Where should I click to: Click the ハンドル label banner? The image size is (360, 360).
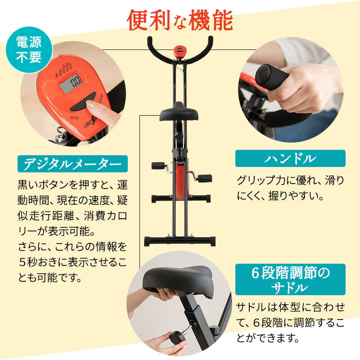click(x=290, y=158)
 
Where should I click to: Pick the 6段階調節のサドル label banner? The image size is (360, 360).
click(x=290, y=279)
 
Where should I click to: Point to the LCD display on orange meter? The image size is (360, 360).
click(x=71, y=83)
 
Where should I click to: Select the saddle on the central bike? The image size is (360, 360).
click(x=179, y=112)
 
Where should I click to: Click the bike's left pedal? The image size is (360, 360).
click(x=158, y=166)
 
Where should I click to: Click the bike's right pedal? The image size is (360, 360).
click(x=204, y=178)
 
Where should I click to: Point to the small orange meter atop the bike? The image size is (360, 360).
click(x=180, y=50)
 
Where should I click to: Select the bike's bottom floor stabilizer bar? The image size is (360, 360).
click(x=180, y=241)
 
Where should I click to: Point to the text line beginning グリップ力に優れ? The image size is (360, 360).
click(x=290, y=181)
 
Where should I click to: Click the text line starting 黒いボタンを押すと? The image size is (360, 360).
click(x=72, y=184)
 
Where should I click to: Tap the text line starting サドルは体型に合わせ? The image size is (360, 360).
click(x=290, y=307)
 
